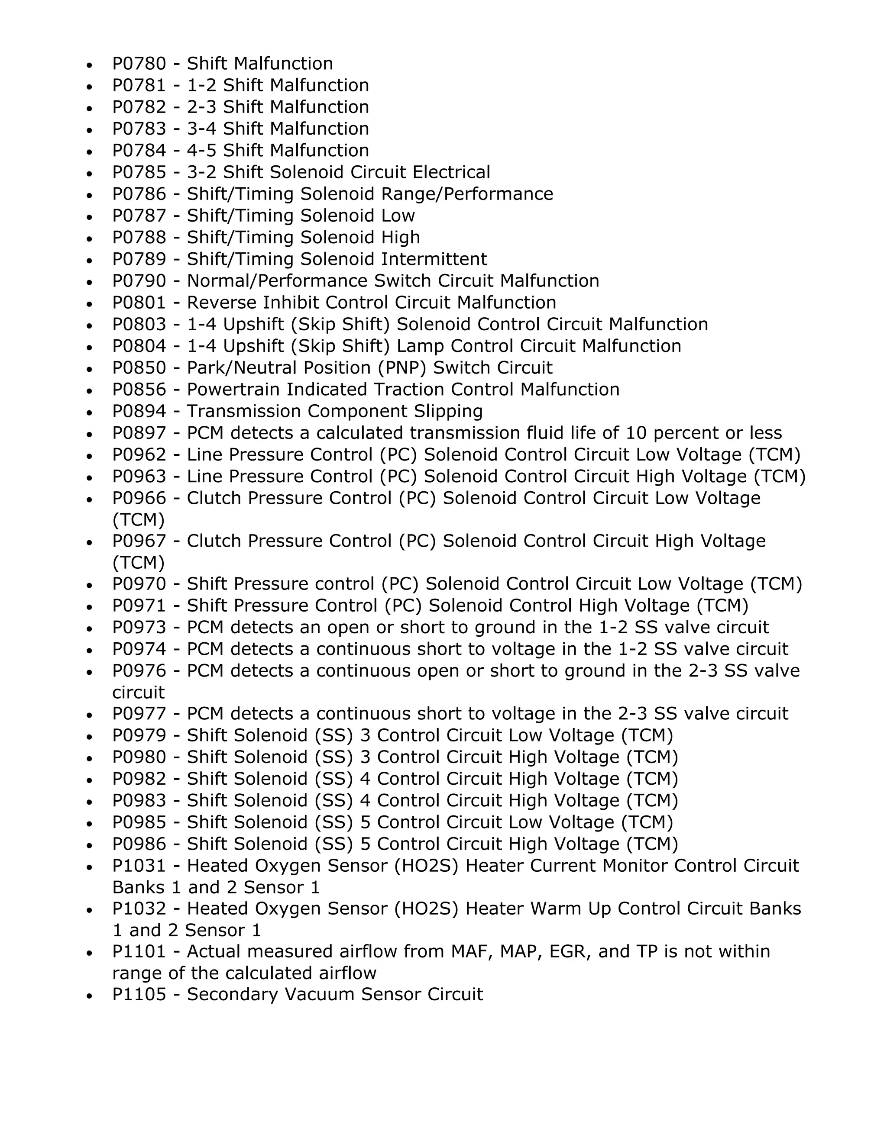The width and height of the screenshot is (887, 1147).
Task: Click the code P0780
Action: [x=139, y=64]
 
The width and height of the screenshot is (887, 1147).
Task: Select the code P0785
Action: [x=139, y=173]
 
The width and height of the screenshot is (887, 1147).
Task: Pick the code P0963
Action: [x=139, y=477]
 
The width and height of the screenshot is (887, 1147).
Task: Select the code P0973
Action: [x=139, y=628]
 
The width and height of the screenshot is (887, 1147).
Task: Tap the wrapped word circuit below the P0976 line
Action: [x=138, y=693]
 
